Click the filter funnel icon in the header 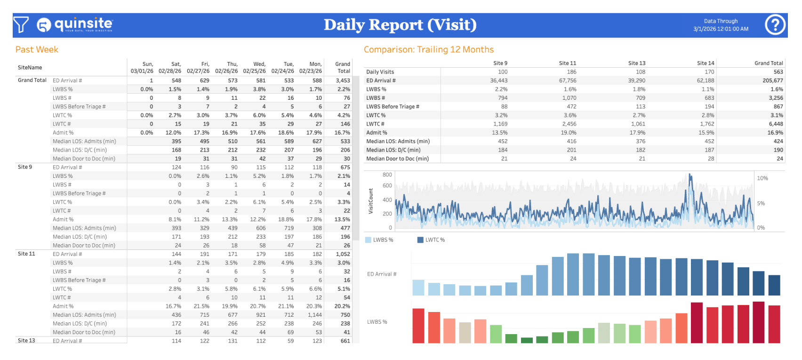click(21, 25)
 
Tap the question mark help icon click(775, 25)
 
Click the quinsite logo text click(83, 24)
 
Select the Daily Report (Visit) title click(400, 25)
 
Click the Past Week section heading click(37, 49)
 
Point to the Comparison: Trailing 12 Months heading click(428, 49)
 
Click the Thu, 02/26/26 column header click(226, 68)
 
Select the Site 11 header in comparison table click(567, 63)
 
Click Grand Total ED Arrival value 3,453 click(343, 80)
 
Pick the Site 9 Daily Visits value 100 click(503, 72)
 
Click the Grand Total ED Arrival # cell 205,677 click(772, 80)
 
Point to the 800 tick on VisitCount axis click(387, 175)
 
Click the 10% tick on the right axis click(762, 178)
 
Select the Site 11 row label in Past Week click(26, 254)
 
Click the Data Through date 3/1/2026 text click(721, 29)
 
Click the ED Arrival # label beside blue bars click(382, 274)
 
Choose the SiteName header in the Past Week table click(30, 68)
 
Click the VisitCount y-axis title click(370, 201)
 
